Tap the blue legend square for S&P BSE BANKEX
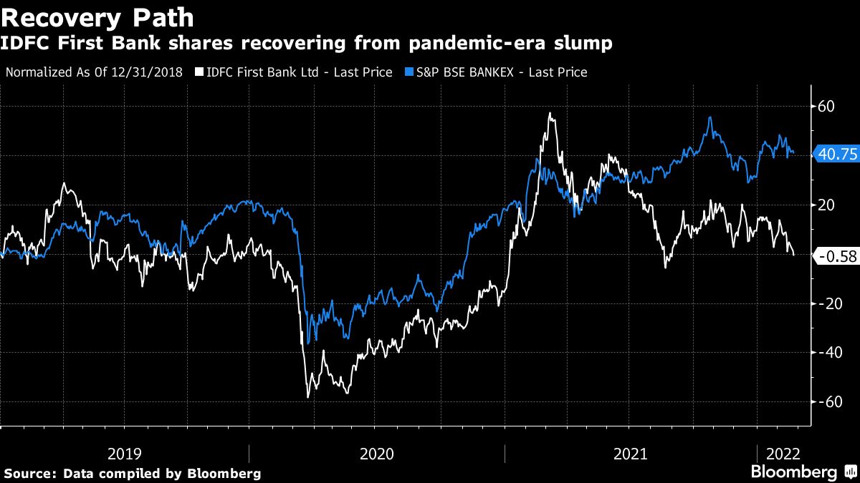coord(409,72)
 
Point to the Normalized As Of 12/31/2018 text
coord(94,72)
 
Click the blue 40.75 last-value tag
coord(836,154)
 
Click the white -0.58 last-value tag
coord(836,256)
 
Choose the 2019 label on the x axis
coord(124,454)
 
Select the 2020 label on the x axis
coord(377,454)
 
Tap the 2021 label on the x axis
coord(631,454)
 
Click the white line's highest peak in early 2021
coord(550,113)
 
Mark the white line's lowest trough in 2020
coord(308,396)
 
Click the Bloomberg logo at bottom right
coord(794,472)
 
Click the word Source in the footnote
coord(29,474)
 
